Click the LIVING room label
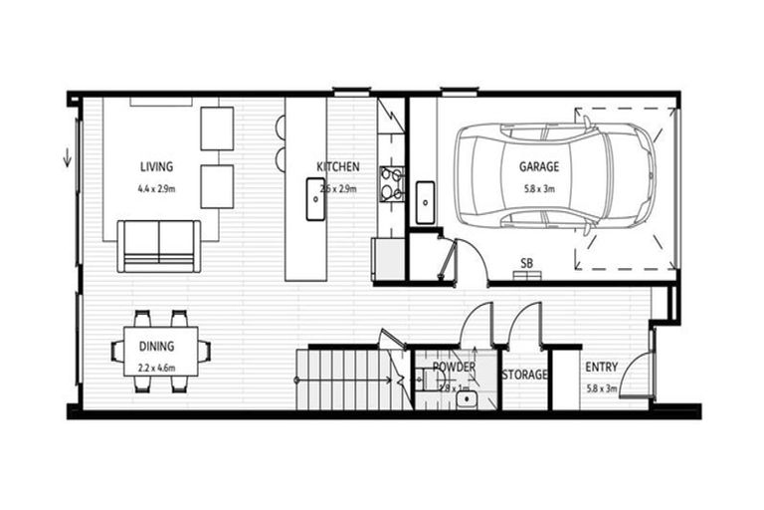(x=155, y=166)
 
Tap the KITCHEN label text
(x=337, y=166)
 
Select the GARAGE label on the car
(x=538, y=166)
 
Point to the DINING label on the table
(x=155, y=347)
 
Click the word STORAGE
(x=524, y=375)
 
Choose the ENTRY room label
(x=601, y=367)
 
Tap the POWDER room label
(x=454, y=367)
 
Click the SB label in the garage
(x=526, y=263)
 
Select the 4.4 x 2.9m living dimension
(x=156, y=187)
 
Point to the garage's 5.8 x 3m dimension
(x=538, y=187)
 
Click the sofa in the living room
(x=158, y=245)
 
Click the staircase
(x=343, y=379)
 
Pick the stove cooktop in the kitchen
(x=390, y=185)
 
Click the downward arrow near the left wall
(x=68, y=156)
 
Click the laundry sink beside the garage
(x=425, y=202)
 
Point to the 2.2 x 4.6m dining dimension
(x=155, y=368)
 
